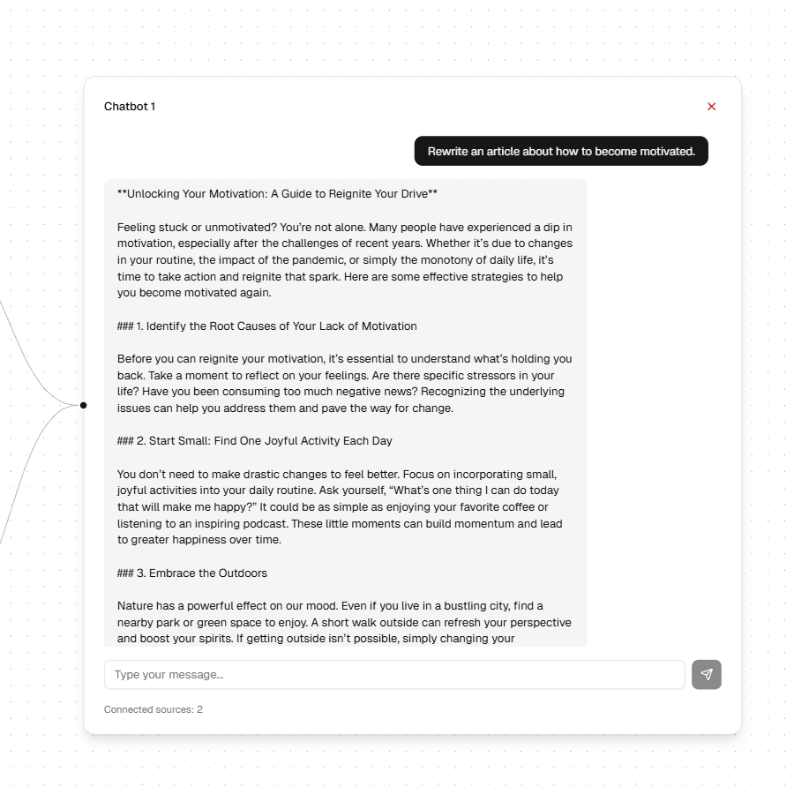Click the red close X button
(x=711, y=107)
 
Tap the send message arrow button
(x=706, y=675)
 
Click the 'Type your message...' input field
(x=394, y=675)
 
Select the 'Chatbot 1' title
(x=130, y=107)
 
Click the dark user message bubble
(x=561, y=151)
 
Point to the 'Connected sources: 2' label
(x=154, y=709)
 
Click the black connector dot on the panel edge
(x=84, y=405)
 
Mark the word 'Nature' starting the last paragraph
(x=135, y=606)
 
